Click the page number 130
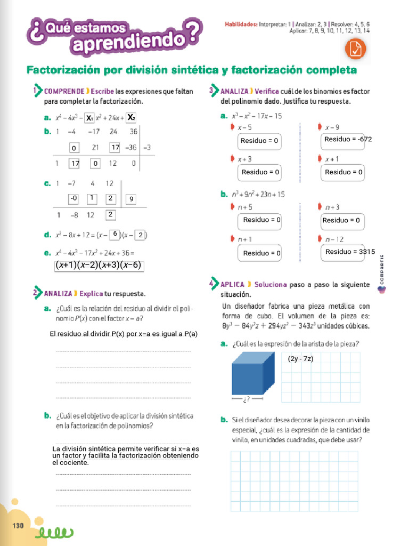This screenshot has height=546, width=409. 19,525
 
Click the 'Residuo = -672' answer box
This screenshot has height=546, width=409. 348,139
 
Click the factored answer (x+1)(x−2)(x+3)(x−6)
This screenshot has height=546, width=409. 99,265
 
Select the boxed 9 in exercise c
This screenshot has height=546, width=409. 130,199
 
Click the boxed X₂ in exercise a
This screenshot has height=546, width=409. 131,117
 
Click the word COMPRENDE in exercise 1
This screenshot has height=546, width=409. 64,91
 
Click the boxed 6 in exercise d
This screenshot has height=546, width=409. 114,234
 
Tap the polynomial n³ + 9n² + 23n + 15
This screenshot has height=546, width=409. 259,195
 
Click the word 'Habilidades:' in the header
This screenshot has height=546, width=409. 241,24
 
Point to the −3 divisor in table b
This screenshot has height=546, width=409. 146,147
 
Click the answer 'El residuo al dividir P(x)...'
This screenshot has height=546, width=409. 123,334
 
